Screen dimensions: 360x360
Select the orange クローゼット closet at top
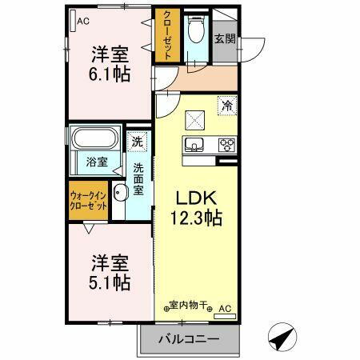coord(168,35)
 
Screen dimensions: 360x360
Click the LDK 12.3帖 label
coord(194,207)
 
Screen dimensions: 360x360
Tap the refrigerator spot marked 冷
coord(228,105)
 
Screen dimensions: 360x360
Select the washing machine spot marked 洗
coord(139,142)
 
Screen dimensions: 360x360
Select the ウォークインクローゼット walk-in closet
coord(88,200)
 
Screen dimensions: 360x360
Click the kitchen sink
coord(195,145)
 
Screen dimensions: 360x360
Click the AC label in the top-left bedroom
coord(82,21)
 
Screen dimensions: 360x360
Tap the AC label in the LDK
coord(225,307)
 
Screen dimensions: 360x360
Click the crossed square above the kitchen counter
coord(195,118)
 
